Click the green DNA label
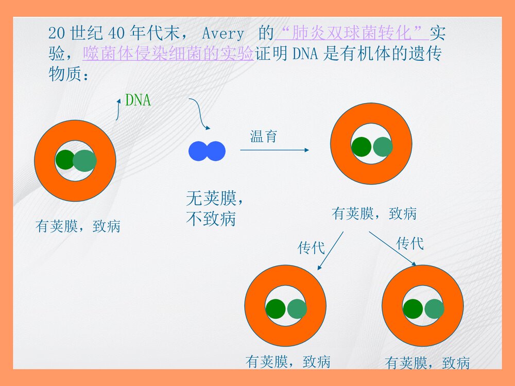click(x=138, y=100)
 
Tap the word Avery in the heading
click(x=222, y=34)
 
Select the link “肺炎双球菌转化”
click(x=352, y=34)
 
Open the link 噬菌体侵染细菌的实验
click(x=168, y=54)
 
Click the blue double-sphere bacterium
click(x=207, y=151)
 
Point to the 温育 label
click(x=264, y=136)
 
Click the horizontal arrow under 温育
click(x=274, y=150)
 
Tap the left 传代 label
click(x=311, y=248)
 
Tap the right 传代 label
click(x=410, y=243)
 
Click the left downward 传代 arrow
click(x=331, y=251)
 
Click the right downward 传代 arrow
click(x=392, y=249)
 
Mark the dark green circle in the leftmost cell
click(x=65, y=160)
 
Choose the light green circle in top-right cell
click(x=383, y=147)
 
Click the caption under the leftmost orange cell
click(x=78, y=226)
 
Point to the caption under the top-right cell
click(x=374, y=214)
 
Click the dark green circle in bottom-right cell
click(x=413, y=308)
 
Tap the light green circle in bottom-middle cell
click(x=297, y=308)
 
